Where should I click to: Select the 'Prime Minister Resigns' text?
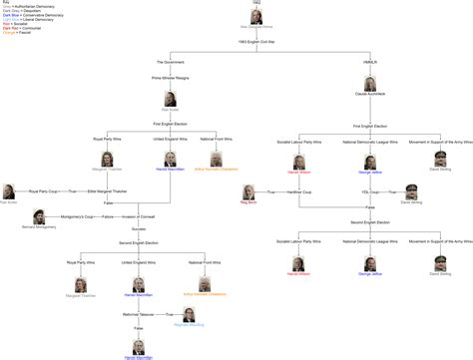click(x=171, y=77)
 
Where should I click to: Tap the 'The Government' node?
click(x=171, y=62)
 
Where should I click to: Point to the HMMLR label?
click(x=369, y=62)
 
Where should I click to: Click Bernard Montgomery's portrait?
click(x=37, y=216)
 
